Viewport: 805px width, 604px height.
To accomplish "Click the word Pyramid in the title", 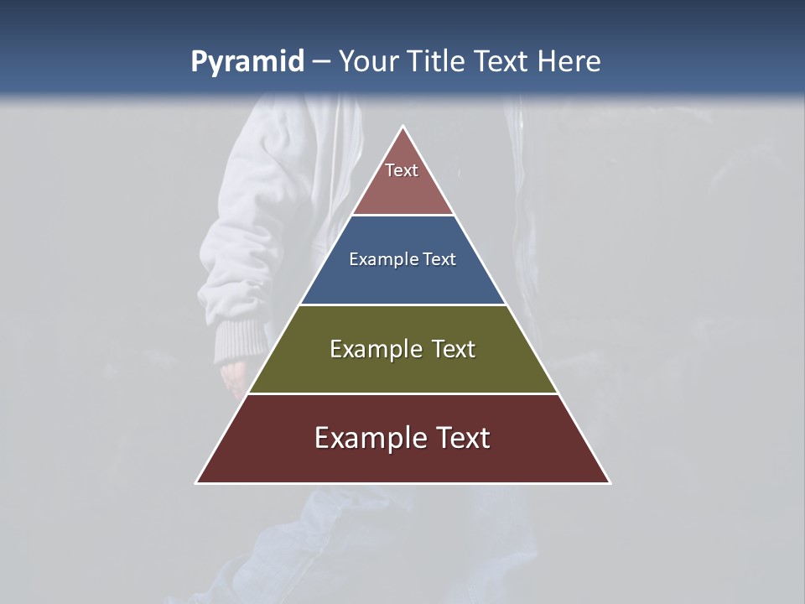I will pyautogui.click(x=247, y=62).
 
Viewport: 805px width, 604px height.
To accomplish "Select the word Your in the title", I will pyautogui.click(x=368, y=62).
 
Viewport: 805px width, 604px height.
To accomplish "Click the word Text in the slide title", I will pyautogui.click(x=501, y=62).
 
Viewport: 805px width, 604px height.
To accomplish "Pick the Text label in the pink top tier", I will pyautogui.click(x=402, y=170).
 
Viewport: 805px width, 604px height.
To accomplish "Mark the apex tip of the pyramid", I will pyautogui.click(x=403, y=127).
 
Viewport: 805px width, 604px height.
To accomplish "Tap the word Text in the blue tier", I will pyautogui.click(x=439, y=259).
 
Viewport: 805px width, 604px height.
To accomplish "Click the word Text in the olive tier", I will pyautogui.click(x=453, y=349).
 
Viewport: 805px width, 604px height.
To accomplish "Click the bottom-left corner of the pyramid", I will pyautogui.click(x=197, y=482).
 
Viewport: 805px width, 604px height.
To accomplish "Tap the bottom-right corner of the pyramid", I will pyautogui.click(x=610, y=482).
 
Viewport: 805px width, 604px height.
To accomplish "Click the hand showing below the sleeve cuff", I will pyautogui.click(x=235, y=374).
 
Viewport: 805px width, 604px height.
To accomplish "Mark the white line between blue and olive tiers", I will pyautogui.click(x=403, y=305).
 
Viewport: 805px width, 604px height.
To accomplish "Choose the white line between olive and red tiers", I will pyautogui.click(x=403, y=393).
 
